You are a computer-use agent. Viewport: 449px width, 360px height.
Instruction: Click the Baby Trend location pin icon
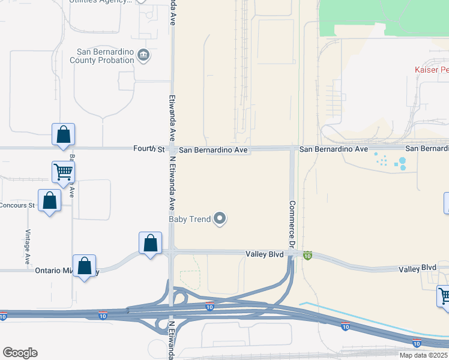point(220,219)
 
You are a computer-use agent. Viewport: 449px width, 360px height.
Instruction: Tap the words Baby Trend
point(190,219)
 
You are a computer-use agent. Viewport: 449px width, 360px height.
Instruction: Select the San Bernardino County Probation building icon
point(144,56)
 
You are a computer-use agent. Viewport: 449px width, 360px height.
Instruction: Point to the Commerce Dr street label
point(292,225)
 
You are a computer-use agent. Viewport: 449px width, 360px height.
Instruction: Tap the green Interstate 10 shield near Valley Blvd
point(308,256)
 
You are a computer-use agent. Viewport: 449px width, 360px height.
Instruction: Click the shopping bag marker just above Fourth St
point(63,136)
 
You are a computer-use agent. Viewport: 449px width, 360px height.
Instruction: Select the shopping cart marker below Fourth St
point(63,172)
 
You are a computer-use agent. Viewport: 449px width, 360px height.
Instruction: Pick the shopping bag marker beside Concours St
point(49,201)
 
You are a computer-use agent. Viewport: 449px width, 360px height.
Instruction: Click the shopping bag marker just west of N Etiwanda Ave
point(150,244)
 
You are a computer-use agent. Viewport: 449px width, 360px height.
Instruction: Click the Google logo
point(20,353)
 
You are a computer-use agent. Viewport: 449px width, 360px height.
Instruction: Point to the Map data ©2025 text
point(423,355)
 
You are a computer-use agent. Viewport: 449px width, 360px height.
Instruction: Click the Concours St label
point(17,205)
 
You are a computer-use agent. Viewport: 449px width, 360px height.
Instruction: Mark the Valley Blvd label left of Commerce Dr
point(264,254)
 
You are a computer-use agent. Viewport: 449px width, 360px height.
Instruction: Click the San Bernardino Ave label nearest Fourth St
point(213,149)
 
